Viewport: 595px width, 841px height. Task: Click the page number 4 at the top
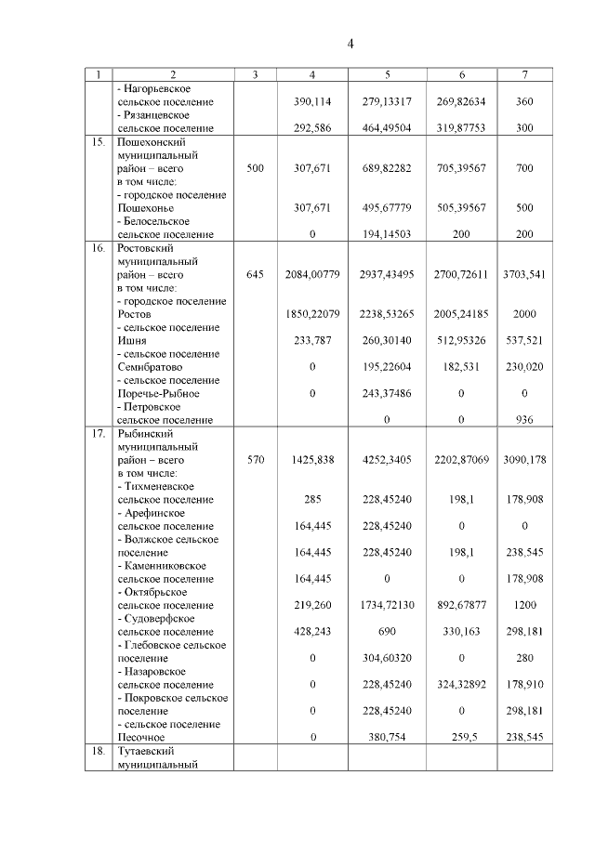[350, 44]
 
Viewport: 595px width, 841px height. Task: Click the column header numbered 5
[387, 74]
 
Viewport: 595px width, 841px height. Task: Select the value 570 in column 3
[257, 459]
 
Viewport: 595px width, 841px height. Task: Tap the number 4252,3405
[387, 459]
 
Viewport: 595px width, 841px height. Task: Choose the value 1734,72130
[387, 604]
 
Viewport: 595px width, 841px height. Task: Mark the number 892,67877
[462, 604]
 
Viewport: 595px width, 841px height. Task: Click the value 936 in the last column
[524, 420]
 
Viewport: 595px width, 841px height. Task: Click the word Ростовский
[146, 249]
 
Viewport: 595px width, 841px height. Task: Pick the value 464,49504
[387, 128]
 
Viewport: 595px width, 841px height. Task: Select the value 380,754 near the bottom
[387, 737]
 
